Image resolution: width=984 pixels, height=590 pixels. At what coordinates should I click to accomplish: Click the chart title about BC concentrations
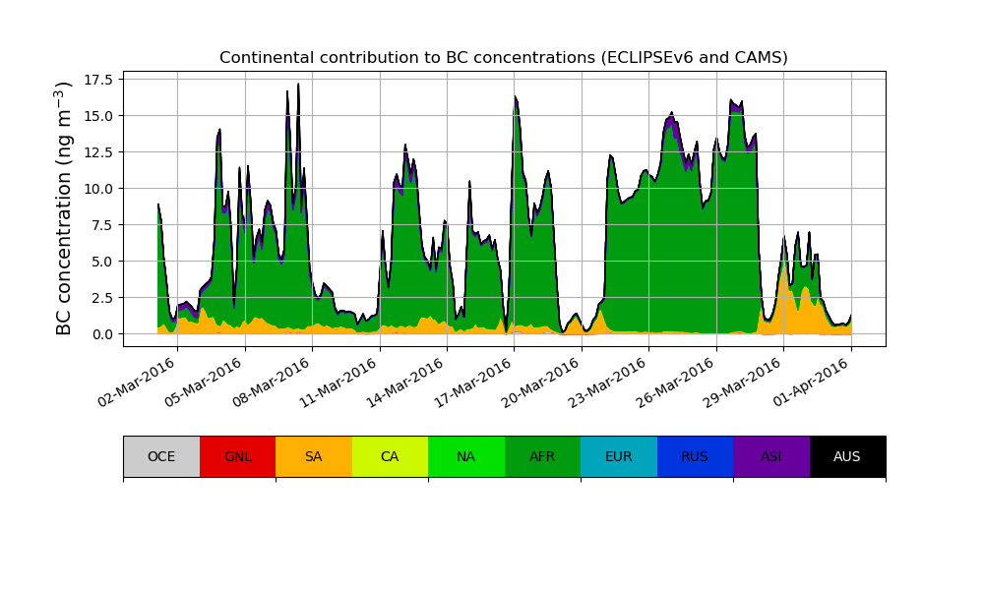503,58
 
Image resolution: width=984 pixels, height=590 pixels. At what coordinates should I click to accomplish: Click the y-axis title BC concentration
65,208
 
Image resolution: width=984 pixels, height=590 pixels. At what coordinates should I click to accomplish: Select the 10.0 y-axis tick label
96,189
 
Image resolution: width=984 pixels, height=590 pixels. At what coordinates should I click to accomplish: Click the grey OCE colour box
161,456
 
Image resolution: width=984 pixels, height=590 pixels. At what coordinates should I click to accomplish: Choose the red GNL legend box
237,456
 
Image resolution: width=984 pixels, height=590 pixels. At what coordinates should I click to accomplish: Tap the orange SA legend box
314,456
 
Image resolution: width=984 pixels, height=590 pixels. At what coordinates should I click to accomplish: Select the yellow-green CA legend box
390,456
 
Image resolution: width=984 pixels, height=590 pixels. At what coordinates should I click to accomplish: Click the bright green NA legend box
466,456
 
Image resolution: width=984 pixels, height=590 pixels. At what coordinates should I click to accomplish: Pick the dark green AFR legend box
542,456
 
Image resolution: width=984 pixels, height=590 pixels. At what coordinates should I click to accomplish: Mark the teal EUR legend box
619,456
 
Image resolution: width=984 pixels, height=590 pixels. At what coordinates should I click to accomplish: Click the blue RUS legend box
695,456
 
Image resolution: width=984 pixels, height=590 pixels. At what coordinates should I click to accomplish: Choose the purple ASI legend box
771,456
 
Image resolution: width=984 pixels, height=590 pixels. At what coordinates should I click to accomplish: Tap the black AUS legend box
847,456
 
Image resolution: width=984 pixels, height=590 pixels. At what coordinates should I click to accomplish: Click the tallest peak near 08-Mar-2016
298,86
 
